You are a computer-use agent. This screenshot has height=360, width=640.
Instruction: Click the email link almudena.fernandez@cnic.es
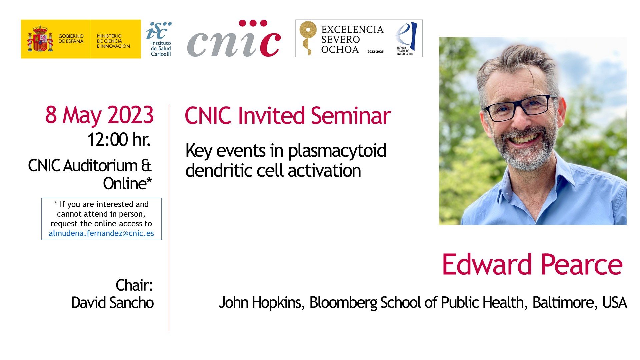pos(101,233)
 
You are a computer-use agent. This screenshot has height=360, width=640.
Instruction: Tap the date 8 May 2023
pos(99,115)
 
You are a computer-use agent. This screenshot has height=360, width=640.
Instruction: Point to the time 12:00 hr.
pos(119,139)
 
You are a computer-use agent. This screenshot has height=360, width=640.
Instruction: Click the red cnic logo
pos(234,38)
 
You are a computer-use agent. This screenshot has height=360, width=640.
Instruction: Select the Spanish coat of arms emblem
pos(40,39)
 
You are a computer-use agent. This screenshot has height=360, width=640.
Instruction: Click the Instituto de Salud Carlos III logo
pos(159,39)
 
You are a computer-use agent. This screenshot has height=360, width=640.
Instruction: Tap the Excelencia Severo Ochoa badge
pos(359,38)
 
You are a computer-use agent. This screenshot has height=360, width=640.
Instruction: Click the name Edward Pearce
pos(532,265)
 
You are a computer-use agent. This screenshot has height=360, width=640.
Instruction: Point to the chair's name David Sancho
pos(112,303)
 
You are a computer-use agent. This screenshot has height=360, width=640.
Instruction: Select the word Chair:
pos(134,285)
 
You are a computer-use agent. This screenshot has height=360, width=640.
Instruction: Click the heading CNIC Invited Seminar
pos(288,116)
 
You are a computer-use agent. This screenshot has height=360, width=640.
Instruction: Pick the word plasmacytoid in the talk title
pos(337,151)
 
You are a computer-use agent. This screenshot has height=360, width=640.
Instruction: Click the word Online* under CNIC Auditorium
pos(127,183)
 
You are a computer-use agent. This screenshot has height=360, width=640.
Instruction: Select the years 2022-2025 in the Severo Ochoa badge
pos(376,52)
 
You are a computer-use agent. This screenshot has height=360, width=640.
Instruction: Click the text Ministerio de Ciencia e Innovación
pos(113,41)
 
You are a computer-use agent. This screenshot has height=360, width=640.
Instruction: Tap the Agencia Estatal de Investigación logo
pos(406,39)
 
